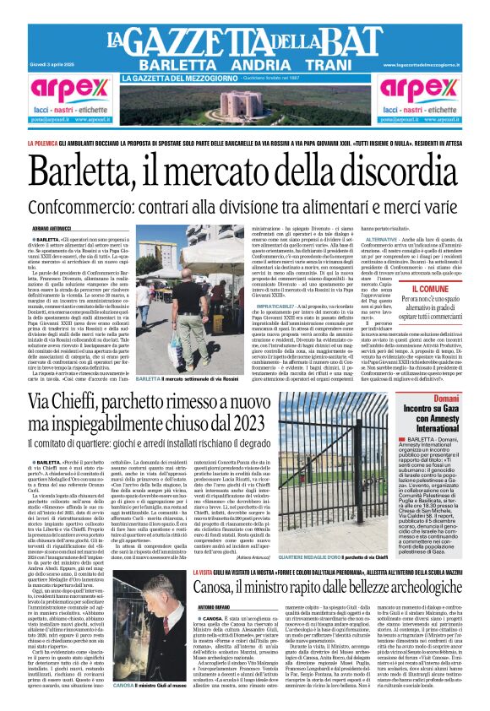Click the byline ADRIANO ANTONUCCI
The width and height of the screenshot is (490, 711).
coord(50,228)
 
